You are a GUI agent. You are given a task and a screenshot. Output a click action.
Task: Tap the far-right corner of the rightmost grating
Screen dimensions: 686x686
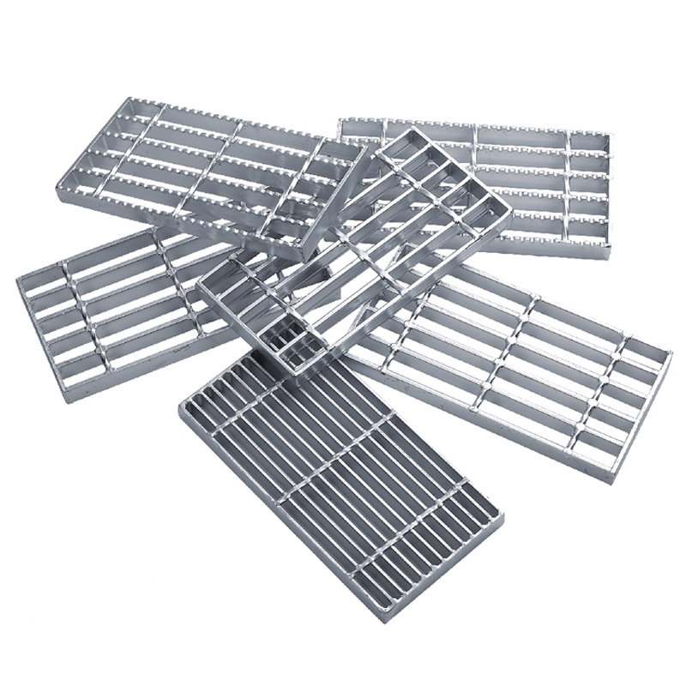pos(671,352)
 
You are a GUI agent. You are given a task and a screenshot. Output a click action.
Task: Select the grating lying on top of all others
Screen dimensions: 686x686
pos(360,249)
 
